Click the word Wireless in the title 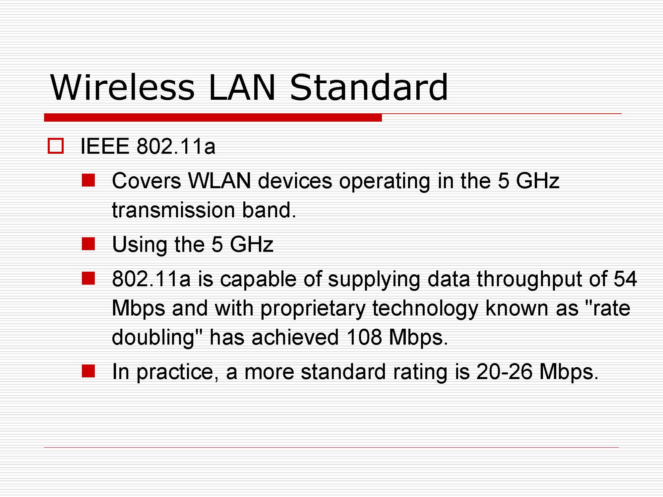click(122, 87)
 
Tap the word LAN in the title click(242, 87)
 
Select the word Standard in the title click(369, 87)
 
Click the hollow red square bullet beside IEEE click(56, 146)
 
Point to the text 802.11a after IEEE click(176, 146)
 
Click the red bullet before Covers click(89, 181)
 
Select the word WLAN click(219, 181)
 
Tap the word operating click(385, 182)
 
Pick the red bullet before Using click(89, 244)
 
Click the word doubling click(152, 338)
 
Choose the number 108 click(364, 337)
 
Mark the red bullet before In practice click(89, 371)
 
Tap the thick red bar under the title click(213, 118)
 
